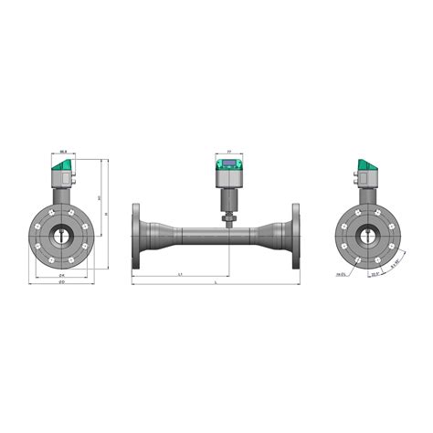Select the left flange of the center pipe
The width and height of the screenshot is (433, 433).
pos(137,236)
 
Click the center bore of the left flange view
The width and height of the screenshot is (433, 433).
pos(61,236)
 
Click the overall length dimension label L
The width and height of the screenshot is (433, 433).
pos(216,285)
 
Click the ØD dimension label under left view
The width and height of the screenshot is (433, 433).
pos(60,284)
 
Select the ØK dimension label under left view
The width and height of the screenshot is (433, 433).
pos(61,274)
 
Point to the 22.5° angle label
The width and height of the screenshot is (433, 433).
pos(375,272)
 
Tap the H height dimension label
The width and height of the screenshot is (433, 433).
pos(107,214)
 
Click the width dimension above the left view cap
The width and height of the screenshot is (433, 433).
pos(63,151)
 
